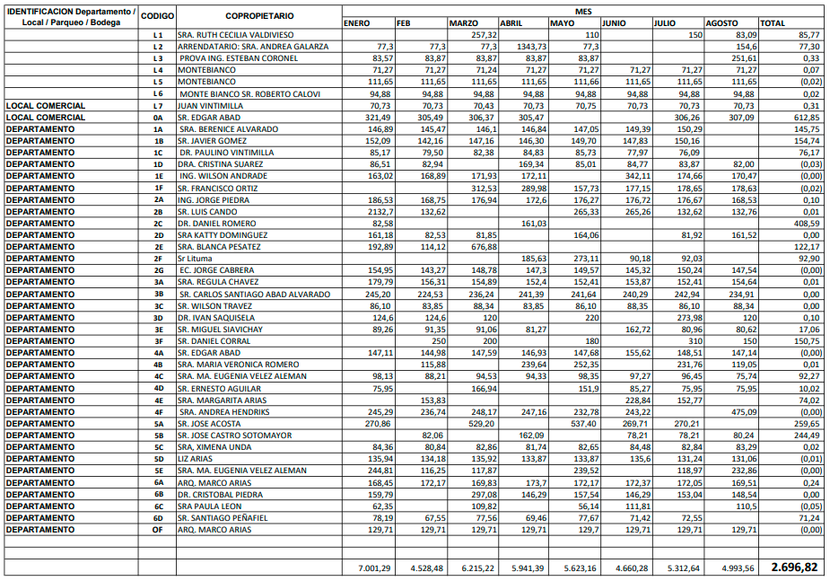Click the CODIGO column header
pyautogui.click(x=158, y=16)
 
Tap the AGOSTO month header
pyautogui.click(x=721, y=22)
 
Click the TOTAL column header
pyautogui.click(x=773, y=22)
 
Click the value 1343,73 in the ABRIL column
pyautogui.click(x=528, y=46)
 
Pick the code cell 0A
pyautogui.click(x=158, y=117)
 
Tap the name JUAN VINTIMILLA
pyautogui.click(x=210, y=105)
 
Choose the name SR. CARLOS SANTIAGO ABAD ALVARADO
pyautogui.click(x=254, y=294)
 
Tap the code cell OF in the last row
pyautogui.click(x=158, y=530)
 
